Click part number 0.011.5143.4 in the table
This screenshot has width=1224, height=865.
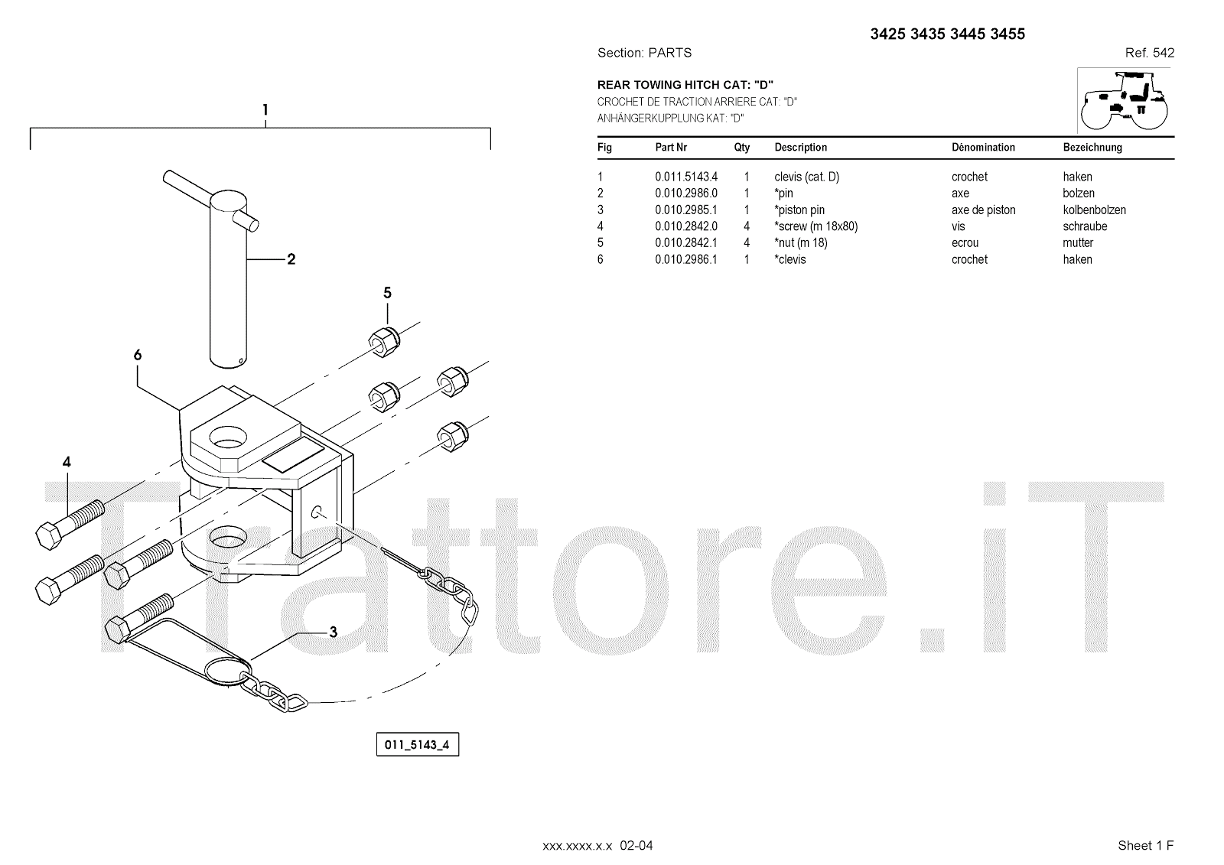pyautogui.click(x=685, y=177)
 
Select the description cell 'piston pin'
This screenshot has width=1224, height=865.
pyautogui.click(x=800, y=210)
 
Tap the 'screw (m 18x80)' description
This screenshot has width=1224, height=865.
pyautogui.click(x=816, y=226)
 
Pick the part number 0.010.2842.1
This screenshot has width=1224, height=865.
pyautogui.click(x=685, y=243)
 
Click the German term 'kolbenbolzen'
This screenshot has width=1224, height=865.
pyautogui.click(x=1094, y=210)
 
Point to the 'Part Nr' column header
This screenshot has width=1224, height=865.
pyautogui.click(x=671, y=148)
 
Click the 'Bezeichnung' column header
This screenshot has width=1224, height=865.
pyautogui.click(x=1092, y=148)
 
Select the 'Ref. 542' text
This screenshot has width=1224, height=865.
pyautogui.click(x=1149, y=53)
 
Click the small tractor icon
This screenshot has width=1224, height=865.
pyautogui.click(x=1125, y=101)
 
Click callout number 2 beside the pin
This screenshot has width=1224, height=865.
pyautogui.click(x=291, y=259)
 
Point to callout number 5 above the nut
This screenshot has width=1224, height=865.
pyautogui.click(x=387, y=293)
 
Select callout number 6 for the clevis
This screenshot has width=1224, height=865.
pyautogui.click(x=138, y=355)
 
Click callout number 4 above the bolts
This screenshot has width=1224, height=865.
pyautogui.click(x=67, y=462)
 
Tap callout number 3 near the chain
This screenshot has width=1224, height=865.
pyautogui.click(x=333, y=632)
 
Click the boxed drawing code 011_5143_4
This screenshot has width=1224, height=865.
pyautogui.click(x=417, y=744)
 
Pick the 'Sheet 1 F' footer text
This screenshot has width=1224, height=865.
pyautogui.click(x=1145, y=845)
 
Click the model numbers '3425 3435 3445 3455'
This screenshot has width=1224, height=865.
pyautogui.click(x=947, y=34)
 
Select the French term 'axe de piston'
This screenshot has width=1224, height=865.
pyautogui.click(x=983, y=210)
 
